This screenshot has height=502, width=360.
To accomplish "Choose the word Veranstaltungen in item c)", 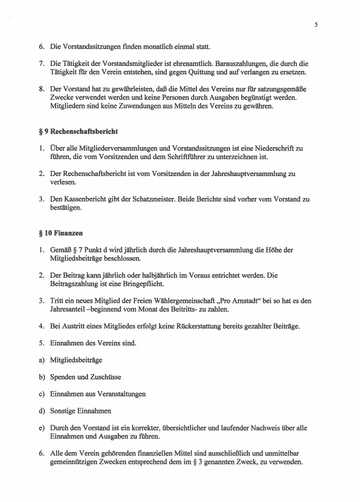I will tap(119, 394).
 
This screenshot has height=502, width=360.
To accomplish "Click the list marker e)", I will tap(41, 427).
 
